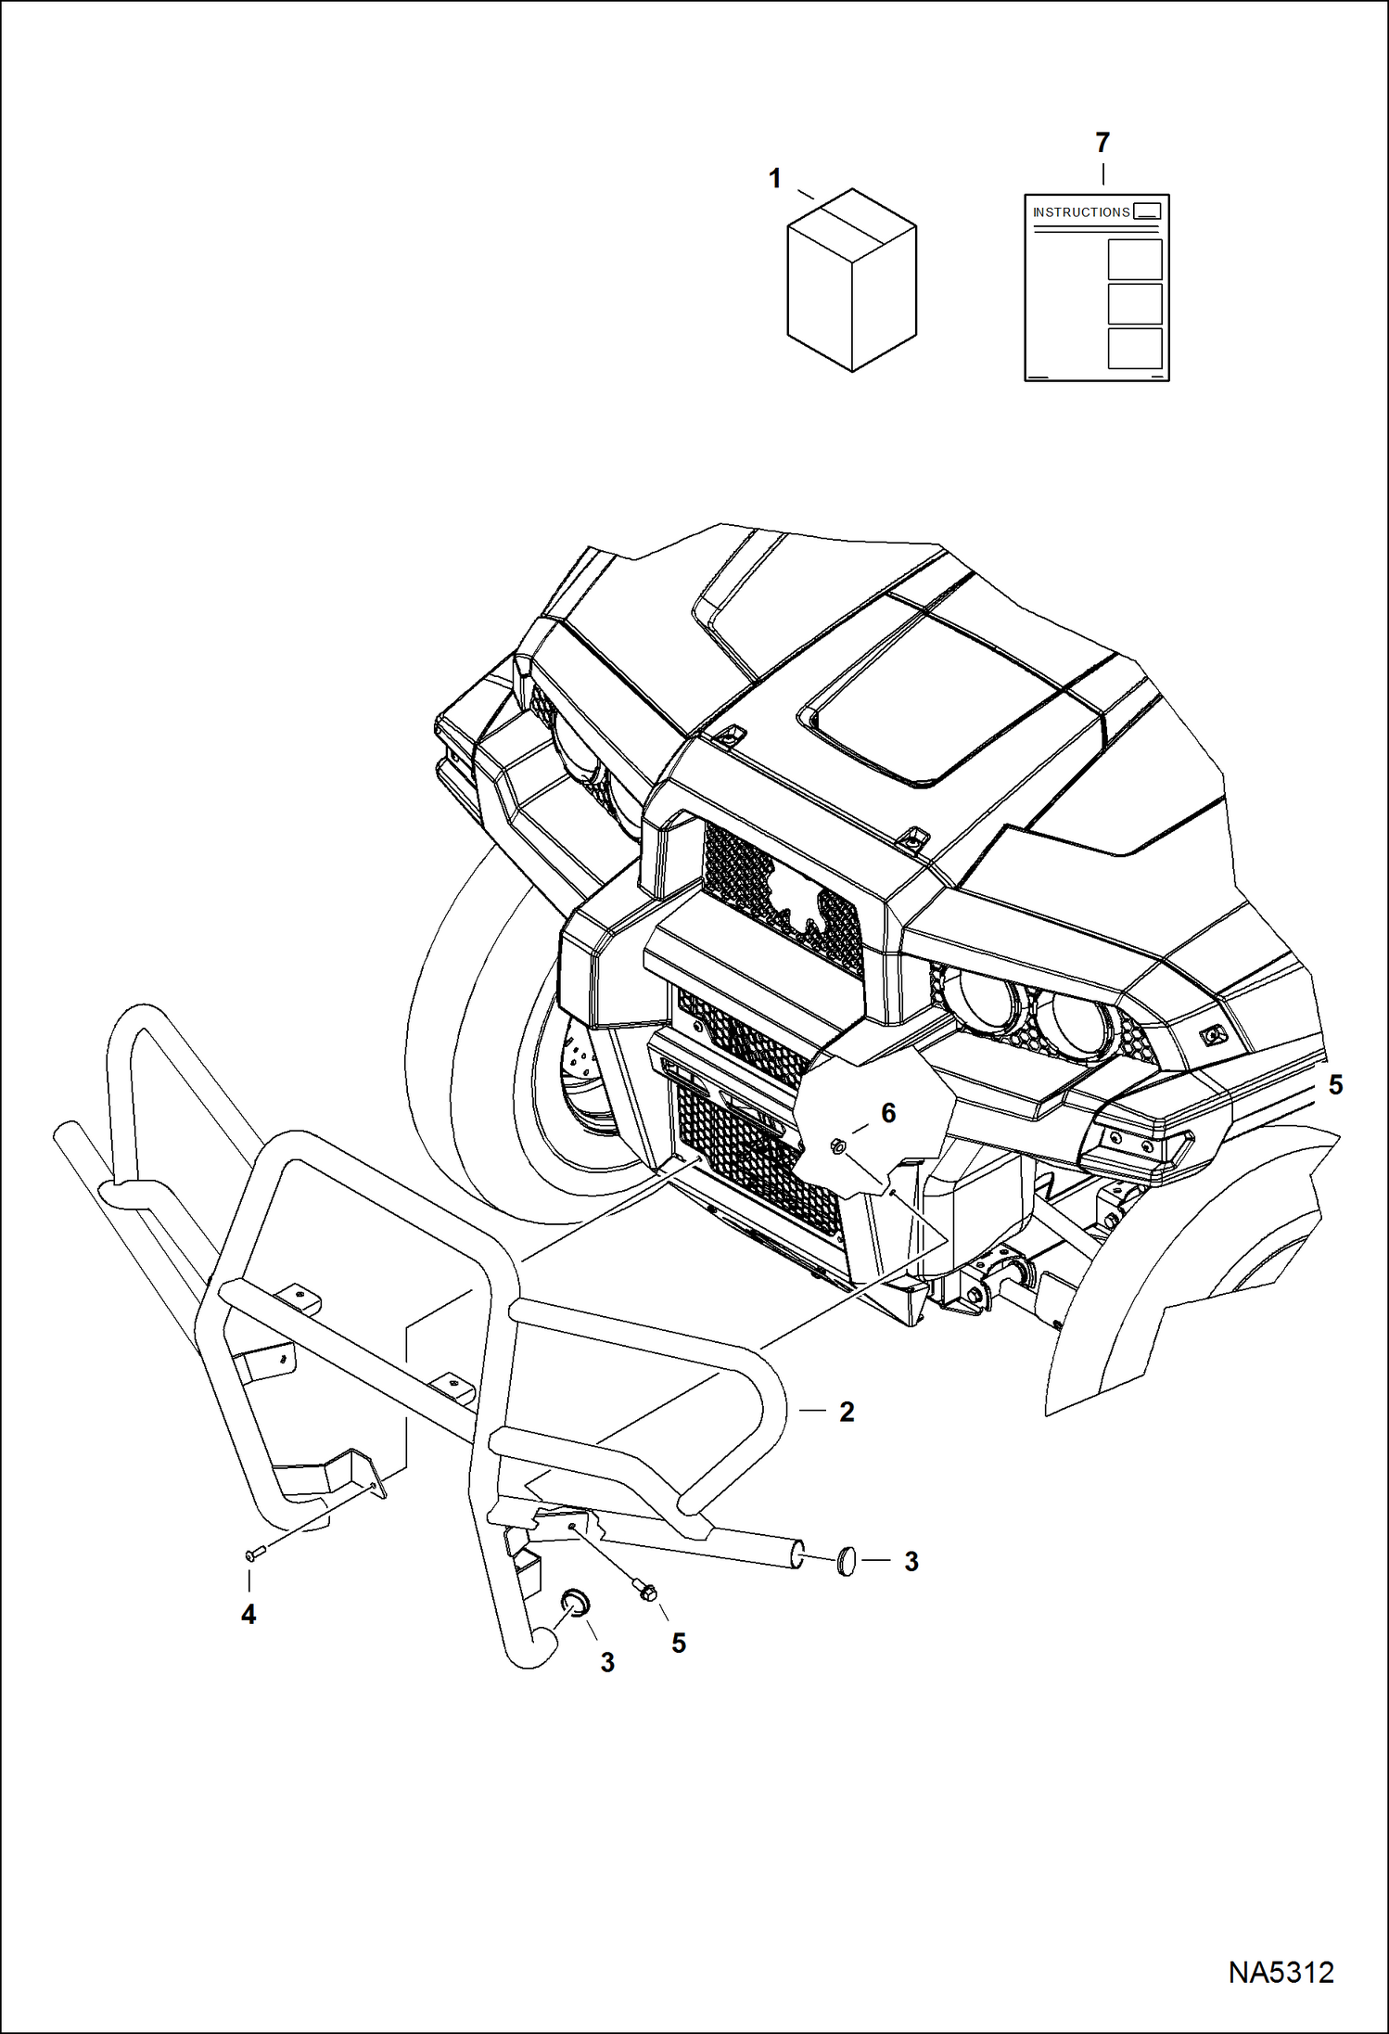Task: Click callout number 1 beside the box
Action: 775,178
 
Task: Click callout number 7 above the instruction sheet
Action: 1102,143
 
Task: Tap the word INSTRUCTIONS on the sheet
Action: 1081,212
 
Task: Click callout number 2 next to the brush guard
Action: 847,1412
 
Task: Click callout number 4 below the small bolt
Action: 248,1615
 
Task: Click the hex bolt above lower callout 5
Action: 647,1593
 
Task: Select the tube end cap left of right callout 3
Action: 845,1561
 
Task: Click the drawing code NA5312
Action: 1281,1972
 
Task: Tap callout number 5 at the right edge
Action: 1335,1084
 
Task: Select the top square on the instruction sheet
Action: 1135,259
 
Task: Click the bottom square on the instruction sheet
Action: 1135,348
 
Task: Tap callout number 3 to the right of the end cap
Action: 911,1562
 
